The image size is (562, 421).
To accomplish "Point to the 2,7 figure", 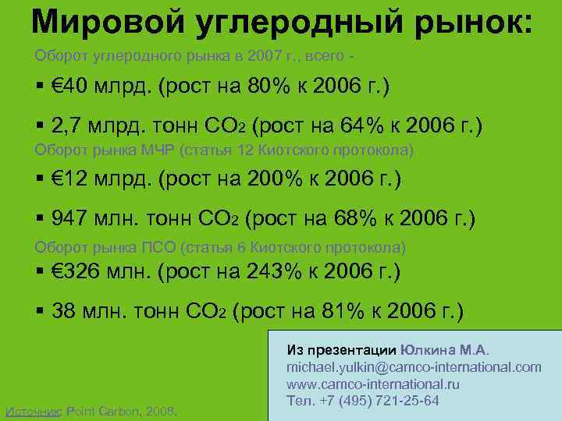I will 69,125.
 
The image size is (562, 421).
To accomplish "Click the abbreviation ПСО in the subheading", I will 158,247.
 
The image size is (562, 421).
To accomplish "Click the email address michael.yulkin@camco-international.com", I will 414,366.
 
